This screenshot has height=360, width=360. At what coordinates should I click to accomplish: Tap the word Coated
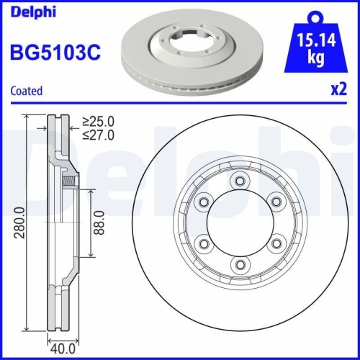[26, 91]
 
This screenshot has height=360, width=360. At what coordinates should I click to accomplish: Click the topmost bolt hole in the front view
[240, 181]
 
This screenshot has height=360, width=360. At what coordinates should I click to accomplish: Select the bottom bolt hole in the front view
[240, 266]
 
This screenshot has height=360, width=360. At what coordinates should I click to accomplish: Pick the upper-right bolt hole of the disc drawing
[276, 202]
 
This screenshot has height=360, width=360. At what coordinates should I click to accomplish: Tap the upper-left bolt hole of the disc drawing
[204, 202]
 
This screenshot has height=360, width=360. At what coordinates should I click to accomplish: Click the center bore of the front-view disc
[240, 224]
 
